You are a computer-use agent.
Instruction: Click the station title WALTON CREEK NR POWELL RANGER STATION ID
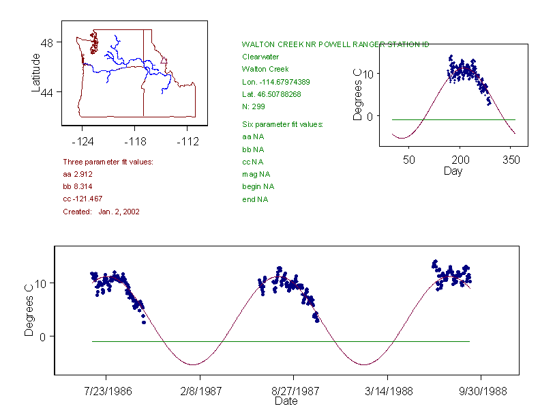click(x=335, y=44)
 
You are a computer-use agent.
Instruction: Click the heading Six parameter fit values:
click(x=282, y=124)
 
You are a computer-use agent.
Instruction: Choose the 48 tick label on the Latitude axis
click(x=47, y=42)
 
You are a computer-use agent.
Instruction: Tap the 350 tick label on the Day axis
click(x=511, y=160)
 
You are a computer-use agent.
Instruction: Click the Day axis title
click(x=453, y=171)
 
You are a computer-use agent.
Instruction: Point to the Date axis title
click(x=286, y=401)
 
